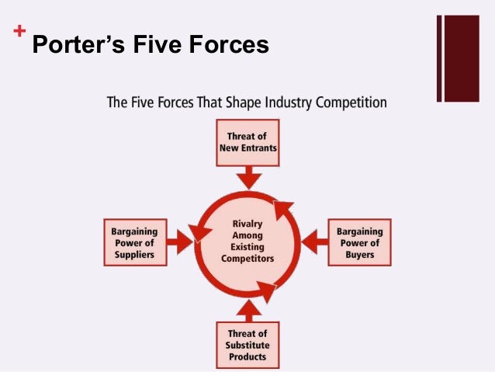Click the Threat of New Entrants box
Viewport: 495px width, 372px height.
tap(247, 141)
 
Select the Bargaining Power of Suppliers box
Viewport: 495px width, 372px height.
tap(135, 242)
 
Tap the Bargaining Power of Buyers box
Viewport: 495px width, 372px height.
tap(359, 242)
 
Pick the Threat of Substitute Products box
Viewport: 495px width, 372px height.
tap(247, 345)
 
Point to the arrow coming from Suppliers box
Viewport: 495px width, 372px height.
tap(180, 242)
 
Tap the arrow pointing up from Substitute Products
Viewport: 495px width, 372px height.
tap(247, 309)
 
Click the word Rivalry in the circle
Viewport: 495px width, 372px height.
tap(247, 224)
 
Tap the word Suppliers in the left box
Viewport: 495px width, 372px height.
tap(134, 254)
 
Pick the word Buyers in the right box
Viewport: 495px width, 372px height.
tap(359, 254)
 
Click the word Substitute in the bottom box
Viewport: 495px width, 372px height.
tap(247, 346)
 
